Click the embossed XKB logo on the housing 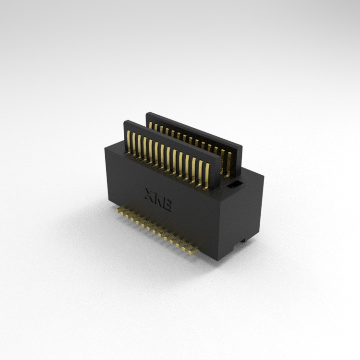click(158, 199)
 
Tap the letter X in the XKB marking click(149, 194)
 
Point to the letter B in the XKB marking click(167, 205)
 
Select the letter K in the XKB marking click(158, 199)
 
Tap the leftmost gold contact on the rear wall click(150, 125)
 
